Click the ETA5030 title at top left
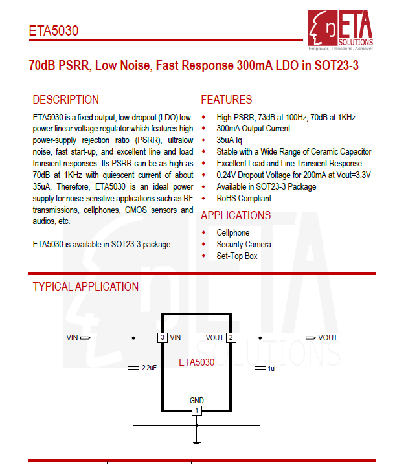pyautogui.click(x=54, y=31)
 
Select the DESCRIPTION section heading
pyautogui.click(x=65, y=100)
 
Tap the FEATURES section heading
pyautogui.click(x=226, y=100)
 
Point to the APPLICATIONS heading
pyautogui.click(x=236, y=215)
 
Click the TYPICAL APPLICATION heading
pyautogui.click(x=85, y=287)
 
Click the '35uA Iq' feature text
pyautogui.click(x=229, y=140)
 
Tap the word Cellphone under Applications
pyautogui.click(x=232, y=232)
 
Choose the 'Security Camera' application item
pyautogui.click(x=244, y=244)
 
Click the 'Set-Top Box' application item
pyautogui.click(x=236, y=256)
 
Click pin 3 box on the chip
pyautogui.click(x=162, y=338)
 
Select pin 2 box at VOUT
pyautogui.click(x=231, y=338)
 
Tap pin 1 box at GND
pyautogui.click(x=197, y=411)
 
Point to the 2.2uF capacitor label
pyautogui.click(x=149, y=368)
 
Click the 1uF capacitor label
pyautogui.click(x=273, y=368)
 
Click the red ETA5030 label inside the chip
pyautogui.click(x=196, y=362)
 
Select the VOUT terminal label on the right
pyautogui.click(x=328, y=338)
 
